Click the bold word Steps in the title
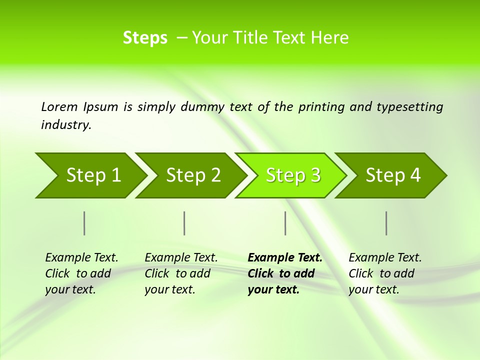[x=145, y=38]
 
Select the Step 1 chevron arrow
[x=90, y=175]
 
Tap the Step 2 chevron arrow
[x=192, y=175]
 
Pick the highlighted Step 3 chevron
[x=292, y=175]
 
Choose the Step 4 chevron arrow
[x=392, y=175]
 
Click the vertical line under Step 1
[x=84, y=223]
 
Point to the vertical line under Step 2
[x=184, y=223]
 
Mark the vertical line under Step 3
[x=285, y=223]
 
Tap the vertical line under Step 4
[x=386, y=223]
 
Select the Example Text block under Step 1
[x=81, y=273]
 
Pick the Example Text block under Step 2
[x=180, y=273]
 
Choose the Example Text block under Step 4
[x=384, y=273]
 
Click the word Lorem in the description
[x=59, y=107]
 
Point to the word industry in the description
[x=65, y=125]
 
